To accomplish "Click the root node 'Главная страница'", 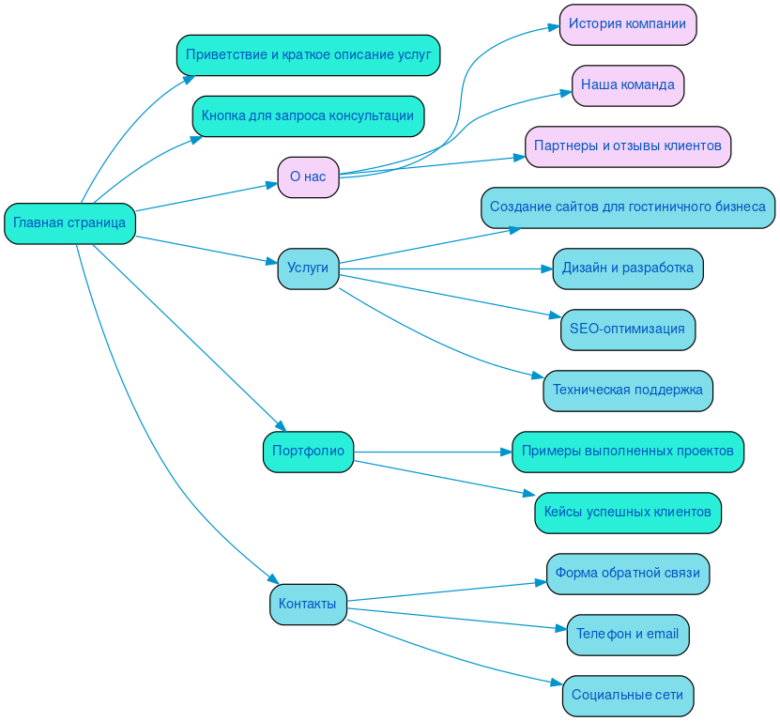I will click(x=69, y=223).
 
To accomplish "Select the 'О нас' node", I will click(x=308, y=176).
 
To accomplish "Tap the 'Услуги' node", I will click(x=308, y=268).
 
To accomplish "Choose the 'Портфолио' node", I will click(x=308, y=452).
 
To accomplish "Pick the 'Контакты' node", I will click(x=308, y=604).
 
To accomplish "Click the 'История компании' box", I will click(x=627, y=23).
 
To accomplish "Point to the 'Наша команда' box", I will click(x=627, y=85).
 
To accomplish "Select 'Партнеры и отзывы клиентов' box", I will click(x=627, y=146).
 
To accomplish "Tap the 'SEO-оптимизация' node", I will click(x=627, y=330).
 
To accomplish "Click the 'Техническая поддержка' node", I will click(x=627, y=391).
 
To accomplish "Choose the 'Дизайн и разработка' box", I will click(x=627, y=268).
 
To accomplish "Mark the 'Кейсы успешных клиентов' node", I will click(x=627, y=513).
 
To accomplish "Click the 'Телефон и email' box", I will click(x=627, y=635).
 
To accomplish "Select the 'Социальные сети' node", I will click(x=627, y=696).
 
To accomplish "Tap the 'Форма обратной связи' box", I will click(x=627, y=574).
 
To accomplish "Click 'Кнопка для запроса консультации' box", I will click(x=308, y=115).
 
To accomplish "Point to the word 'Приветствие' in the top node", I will click(x=225, y=54).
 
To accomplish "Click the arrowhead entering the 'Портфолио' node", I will click(x=279, y=426).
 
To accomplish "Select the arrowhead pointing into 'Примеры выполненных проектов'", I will click(x=505, y=452).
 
